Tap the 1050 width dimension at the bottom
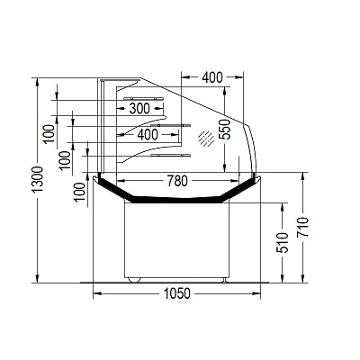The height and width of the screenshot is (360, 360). point(176,293)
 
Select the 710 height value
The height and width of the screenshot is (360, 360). point(303,227)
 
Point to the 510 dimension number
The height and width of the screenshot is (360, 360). point(283,243)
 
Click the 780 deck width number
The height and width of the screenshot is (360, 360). point(177,181)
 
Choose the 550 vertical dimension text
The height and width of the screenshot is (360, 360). point(225,130)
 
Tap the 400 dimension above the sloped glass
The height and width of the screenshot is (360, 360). point(212,77)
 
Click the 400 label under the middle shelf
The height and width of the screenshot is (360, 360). point(148,135)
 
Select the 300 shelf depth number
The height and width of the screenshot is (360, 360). point(139,109)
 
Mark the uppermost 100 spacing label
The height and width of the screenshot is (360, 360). point(49,134)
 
